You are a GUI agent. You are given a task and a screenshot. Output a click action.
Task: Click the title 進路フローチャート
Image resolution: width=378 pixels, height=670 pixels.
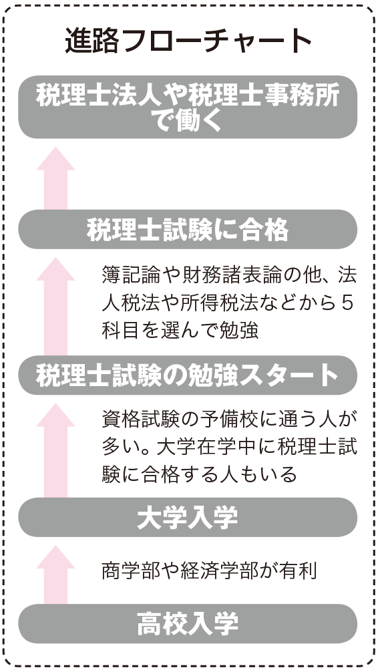click(188, 41)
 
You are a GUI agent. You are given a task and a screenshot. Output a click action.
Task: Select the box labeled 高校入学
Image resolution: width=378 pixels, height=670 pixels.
click(188, 623)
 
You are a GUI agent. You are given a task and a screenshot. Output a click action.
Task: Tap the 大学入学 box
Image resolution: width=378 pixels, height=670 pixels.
click(188, 517)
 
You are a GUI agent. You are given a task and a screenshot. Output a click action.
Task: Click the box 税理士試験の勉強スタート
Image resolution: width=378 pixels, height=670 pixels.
click(188, 375)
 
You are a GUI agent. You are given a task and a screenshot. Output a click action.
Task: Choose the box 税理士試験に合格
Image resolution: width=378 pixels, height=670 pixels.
click(188, 230)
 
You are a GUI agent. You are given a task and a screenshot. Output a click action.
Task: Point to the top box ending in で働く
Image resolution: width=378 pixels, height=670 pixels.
click(188, 107)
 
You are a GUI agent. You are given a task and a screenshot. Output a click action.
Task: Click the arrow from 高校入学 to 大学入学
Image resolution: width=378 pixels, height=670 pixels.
click(55, 574)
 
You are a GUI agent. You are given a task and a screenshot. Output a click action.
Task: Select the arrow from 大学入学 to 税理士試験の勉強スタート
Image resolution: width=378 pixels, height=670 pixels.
click(55, 450)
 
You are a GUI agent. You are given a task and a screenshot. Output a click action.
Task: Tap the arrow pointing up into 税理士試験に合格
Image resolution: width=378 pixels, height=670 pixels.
click(55, 306)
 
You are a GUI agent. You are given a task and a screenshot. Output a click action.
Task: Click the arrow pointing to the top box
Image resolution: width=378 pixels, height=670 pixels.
click(55, 178)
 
